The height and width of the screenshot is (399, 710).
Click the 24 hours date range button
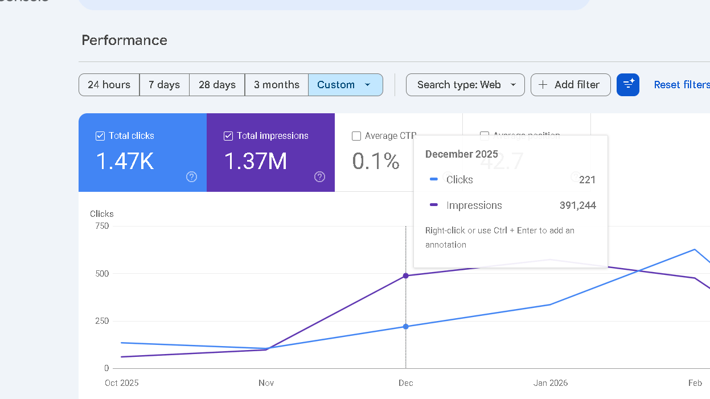coord(109,85)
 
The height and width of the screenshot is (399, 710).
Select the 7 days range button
coord(164,85)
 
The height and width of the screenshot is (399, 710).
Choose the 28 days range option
coord(217,85)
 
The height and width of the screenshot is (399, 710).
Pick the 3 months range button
coord(277,85)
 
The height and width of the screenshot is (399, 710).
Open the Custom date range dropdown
coord(345,85)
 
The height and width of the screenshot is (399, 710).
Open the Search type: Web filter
coord(465,85)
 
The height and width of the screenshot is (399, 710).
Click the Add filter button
coord(571,85)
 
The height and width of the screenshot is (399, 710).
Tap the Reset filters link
coord(682,85)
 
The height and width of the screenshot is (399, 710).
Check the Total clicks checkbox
coord(100,136)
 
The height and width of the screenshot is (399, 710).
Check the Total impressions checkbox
coord(228,136)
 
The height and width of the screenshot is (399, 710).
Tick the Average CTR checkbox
coord(356,136)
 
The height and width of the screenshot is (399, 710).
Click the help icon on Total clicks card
coord(191,177)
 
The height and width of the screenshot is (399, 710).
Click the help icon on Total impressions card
coord(319,177)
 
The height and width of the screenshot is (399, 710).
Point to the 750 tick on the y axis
coord(102,226)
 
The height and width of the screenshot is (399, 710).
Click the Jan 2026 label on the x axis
coord(551,383)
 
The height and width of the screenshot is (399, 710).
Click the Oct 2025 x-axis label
coord(121,383)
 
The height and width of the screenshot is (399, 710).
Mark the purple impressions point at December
coord(406,276)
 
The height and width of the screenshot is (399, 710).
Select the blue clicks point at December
coord(406,327)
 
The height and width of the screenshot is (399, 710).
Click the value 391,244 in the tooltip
coord(577,206)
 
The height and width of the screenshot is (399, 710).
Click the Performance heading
coord(124,40)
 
